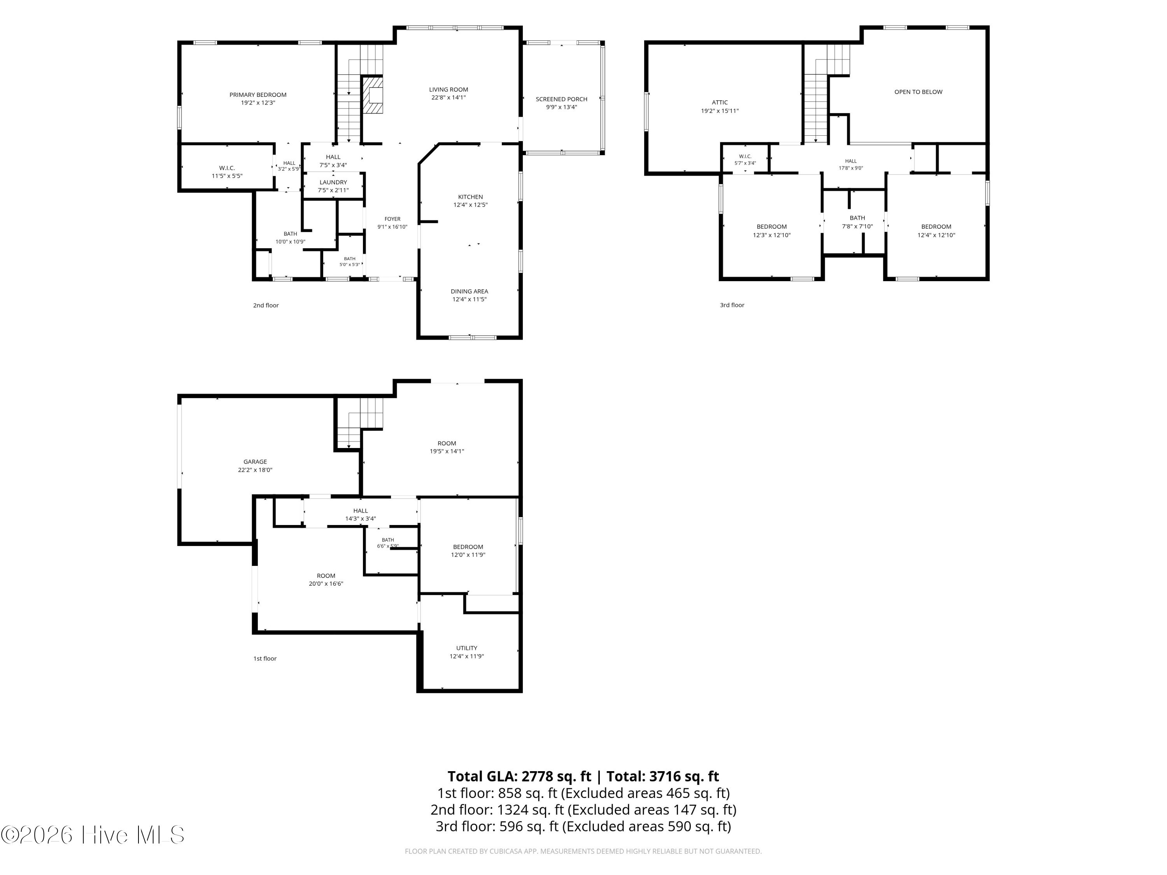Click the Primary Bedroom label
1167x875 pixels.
point(258,95)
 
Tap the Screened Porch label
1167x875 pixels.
point(561,99)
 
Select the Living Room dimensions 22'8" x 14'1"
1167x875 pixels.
point(449,98)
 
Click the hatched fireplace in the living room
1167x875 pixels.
point(373,95)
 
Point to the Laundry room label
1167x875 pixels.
point(333,182)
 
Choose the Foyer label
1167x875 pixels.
point(393,219)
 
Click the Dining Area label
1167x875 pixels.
point(470,291)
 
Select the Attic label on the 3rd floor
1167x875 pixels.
point(720,103)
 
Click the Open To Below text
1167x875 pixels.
point(918,92)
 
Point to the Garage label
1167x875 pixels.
point(255,462)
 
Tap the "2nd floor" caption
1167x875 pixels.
point(266,305)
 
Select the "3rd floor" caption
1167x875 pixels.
point(732,305)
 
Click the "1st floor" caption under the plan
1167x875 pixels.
point(265,658)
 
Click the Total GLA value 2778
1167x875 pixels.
point(537,776)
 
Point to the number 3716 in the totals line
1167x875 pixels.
point(665,776)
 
